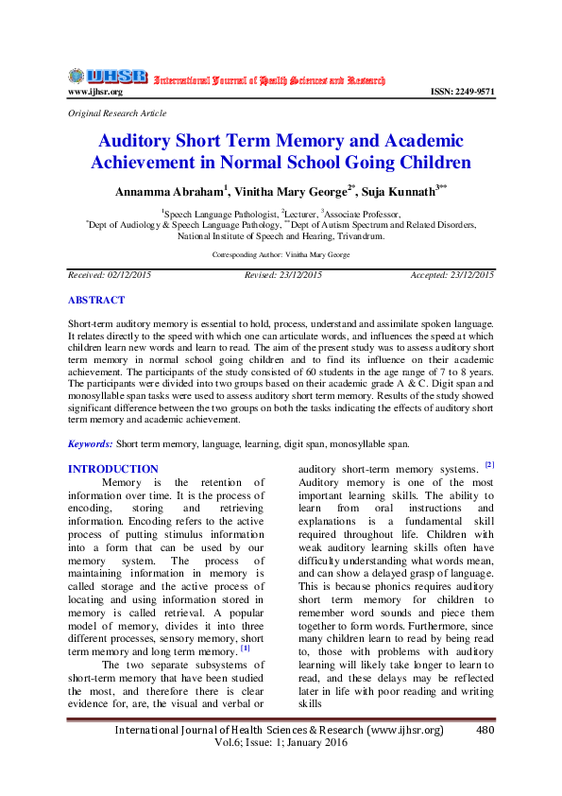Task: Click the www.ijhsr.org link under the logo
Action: point(95,92)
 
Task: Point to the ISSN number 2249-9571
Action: point(462,92)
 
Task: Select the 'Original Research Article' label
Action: point(117,112)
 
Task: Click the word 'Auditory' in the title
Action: point(142,142)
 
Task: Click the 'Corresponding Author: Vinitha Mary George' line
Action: point(281,255)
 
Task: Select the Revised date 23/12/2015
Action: point(298,274)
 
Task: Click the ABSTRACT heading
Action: point(95,300)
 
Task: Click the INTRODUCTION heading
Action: point(113,469)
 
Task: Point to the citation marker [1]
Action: point(245,648)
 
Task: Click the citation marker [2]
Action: point(489,464)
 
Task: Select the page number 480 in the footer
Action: point(485,730)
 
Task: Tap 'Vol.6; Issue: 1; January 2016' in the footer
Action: point(281,743)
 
